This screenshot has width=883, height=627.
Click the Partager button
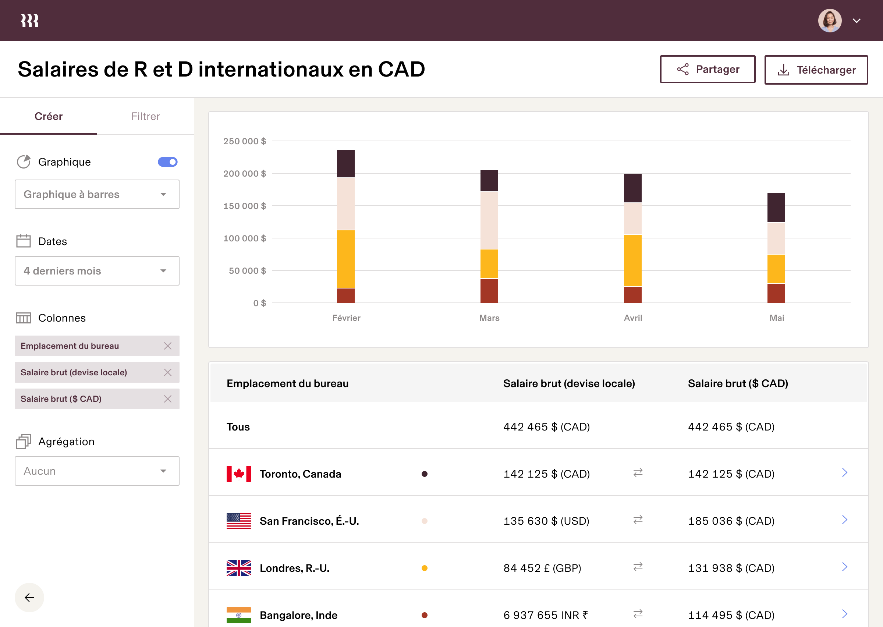707,69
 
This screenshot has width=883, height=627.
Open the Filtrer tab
145,116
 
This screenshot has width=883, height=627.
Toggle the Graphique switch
167,162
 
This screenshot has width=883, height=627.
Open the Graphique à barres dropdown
97,194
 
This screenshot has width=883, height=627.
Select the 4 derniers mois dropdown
97,271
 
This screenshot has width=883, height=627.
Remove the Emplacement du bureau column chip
167,346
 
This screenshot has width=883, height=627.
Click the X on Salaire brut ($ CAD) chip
167,399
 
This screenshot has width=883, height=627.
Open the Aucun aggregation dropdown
97,471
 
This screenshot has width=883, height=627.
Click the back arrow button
29,598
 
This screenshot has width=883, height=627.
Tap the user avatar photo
829,21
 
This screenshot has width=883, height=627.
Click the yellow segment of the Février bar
345,259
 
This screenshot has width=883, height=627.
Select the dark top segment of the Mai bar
776,207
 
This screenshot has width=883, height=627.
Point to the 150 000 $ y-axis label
244,206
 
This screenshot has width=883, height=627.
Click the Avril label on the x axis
633,318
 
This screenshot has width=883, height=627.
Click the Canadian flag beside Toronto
238,474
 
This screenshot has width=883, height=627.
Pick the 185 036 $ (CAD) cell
731,521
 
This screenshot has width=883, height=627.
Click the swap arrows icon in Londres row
638,566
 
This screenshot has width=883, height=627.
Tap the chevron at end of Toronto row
844,472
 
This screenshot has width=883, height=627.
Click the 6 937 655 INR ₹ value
545,615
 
